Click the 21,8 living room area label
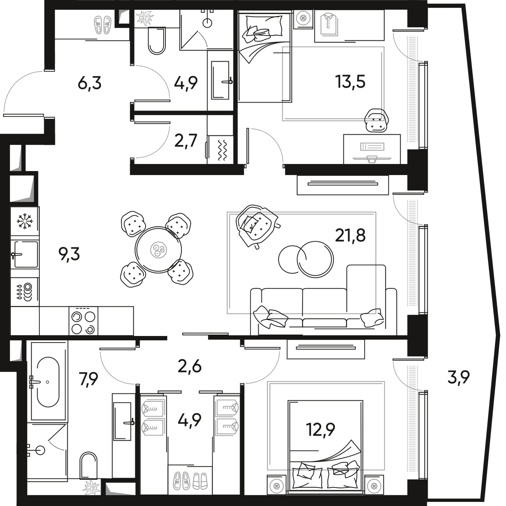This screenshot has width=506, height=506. click(x=350, y=235)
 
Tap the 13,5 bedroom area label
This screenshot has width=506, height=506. click(x=351, y=82)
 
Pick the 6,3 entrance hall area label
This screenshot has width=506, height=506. click(x=89, y=83)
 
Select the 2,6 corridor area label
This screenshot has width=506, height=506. click(x=190, y=366)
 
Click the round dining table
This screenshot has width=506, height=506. click(x=158, y=250)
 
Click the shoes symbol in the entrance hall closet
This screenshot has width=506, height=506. click(x=102, y=24)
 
